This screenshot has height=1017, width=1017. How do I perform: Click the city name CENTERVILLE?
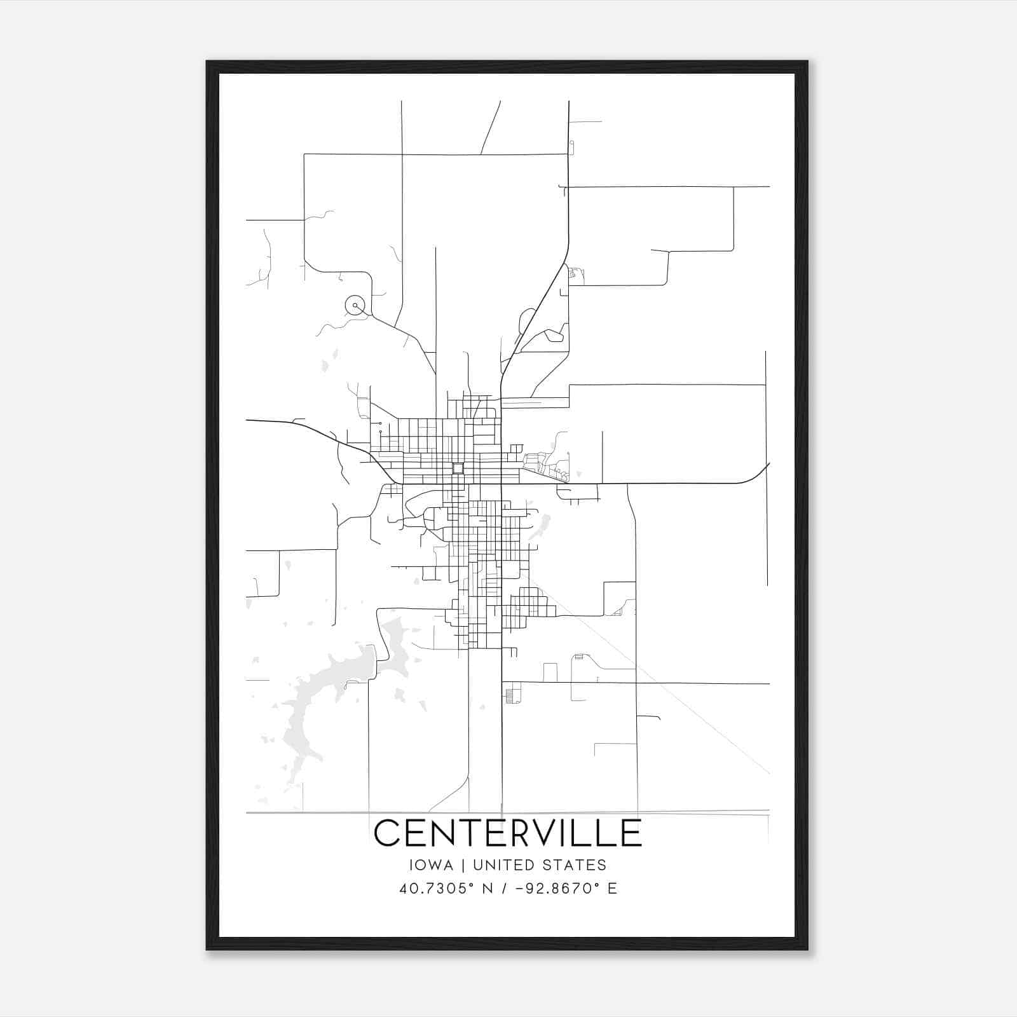pos(508,833)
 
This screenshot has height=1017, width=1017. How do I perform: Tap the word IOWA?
pos(432,865)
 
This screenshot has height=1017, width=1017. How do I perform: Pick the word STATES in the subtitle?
pos(577,865)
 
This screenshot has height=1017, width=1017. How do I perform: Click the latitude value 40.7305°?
pos(439,889)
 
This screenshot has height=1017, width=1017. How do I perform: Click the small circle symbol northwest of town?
pos(355,306)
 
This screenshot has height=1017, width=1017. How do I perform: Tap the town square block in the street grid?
pos(458,468)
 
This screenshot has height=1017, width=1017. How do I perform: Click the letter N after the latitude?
pos(488,889)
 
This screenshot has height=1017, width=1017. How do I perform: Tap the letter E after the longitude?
pos(612,889)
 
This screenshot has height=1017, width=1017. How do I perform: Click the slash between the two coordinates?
pos(503,889)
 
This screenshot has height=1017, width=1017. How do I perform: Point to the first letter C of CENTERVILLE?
pos(388,833)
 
